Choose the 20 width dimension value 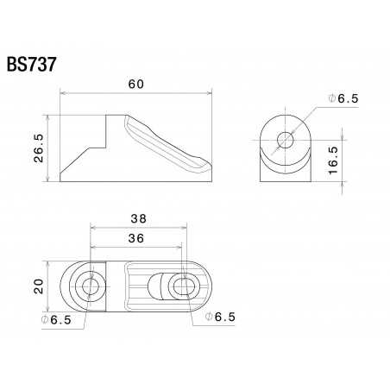(x=39, y=286)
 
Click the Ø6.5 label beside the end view (x=343, y=99)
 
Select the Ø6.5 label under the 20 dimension (x=55, y=320)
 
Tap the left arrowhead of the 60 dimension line (x=62, y=96)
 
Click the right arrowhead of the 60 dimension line (x=210, y=96)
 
